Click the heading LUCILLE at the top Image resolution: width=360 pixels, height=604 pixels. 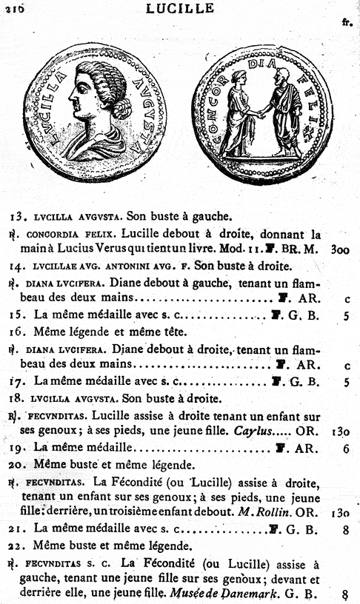pos(180,8)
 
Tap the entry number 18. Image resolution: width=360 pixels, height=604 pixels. pos(19,398)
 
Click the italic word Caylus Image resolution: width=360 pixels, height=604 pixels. pos(251,431)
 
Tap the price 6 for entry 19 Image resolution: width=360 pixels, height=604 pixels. pos(346,448)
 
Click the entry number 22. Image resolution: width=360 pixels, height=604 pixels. pos(19,546)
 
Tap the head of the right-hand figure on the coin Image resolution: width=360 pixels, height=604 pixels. pos(281,76)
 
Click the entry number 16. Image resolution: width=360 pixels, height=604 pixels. pos(19,332)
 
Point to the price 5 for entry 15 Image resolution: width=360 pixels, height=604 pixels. pos(346,315)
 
